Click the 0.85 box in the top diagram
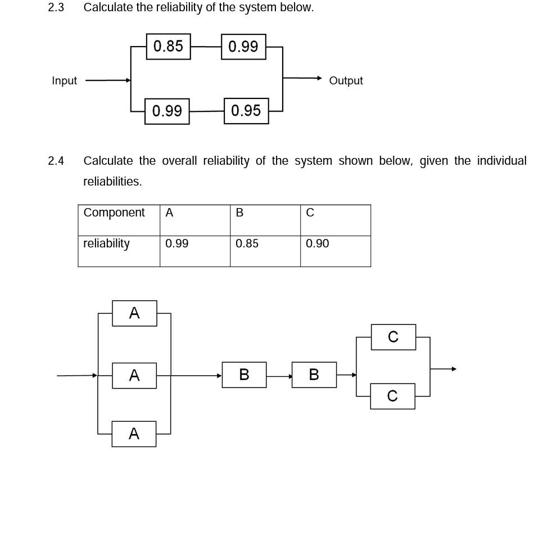coord(168,46)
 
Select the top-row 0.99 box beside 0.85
coord(243,46)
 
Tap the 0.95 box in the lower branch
coord(246,111)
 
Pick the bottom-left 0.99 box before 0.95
coord(167,111)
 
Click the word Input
coord(64,81)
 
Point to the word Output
coord(346,81)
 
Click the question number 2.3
coord(56,8)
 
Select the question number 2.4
coord(56,161)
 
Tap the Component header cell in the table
coord(114,213)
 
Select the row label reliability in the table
coord(106,243)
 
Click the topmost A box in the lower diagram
coord(134,313)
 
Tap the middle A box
coord(134,375)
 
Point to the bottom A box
coord(134,434)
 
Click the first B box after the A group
coord(244,374)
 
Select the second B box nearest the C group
coord(314,374)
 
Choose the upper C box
coord(393,337)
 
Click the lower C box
coord(392,396)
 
